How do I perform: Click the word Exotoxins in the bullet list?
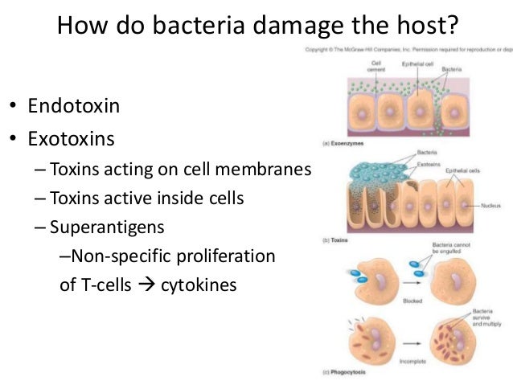(x=70, y=139)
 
